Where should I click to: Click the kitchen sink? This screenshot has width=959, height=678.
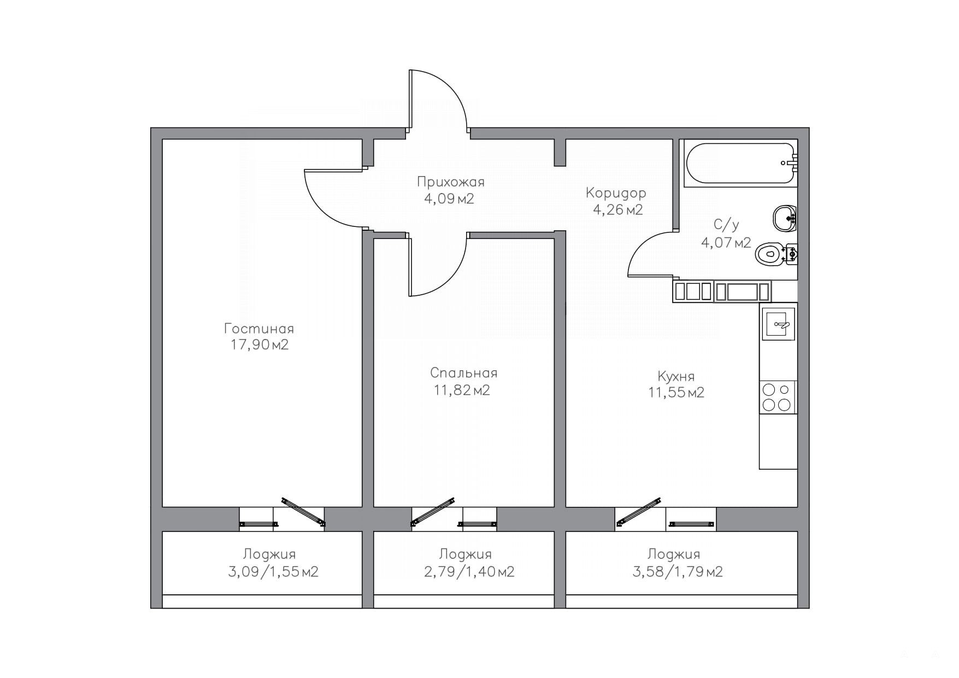click(778, 324)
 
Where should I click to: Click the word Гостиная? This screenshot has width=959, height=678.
click(259, 329)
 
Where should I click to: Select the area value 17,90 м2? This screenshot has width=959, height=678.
click(260, 345)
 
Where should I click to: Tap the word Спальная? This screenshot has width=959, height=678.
click(464, 373)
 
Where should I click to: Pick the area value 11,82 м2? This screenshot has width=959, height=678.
click(462, 390)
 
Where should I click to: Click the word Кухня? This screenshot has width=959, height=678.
click(676, 376)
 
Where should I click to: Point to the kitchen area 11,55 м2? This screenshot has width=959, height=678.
click(676, 393)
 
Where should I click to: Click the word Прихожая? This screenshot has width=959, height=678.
click(451, 182)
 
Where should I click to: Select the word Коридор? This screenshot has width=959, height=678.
click(616, 193)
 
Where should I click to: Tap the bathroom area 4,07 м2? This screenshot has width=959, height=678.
click(726, 242)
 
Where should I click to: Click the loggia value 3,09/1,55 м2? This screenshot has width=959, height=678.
click(273, 572)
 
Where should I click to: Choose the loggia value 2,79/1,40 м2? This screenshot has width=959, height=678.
click(469, 572)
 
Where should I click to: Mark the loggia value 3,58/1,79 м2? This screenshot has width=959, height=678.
click(678, 572)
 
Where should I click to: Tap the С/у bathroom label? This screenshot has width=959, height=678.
click(726, 225)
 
